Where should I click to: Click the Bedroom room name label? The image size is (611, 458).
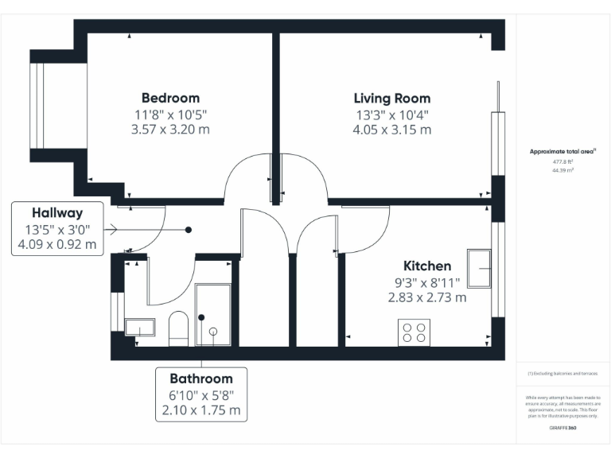coord(170,98)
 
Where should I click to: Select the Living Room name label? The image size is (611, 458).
coord(391,99)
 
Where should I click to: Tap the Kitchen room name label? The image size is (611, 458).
coord(426,266)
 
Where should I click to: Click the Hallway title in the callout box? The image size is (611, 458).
coord(56,213)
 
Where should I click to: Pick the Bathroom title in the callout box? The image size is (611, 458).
coord(200,378)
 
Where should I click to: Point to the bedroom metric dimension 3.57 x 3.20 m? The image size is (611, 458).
coord(170,130)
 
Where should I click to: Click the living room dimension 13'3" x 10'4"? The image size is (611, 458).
coord(391,114)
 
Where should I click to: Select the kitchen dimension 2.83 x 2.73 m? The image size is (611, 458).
coord(426,297)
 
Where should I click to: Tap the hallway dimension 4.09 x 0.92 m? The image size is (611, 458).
coord(56,245)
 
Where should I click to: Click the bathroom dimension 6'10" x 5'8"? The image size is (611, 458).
coord(200,394)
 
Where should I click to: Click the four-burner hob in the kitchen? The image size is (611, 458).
coord(414,332)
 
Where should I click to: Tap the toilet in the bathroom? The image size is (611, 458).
coord(178,327)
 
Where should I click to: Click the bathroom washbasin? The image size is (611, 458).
coord(140,327)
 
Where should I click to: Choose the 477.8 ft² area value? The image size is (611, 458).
coord(562,161)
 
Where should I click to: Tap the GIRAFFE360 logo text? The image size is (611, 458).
coord(562,428)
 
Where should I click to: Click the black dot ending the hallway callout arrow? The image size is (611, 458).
coord(189,230)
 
